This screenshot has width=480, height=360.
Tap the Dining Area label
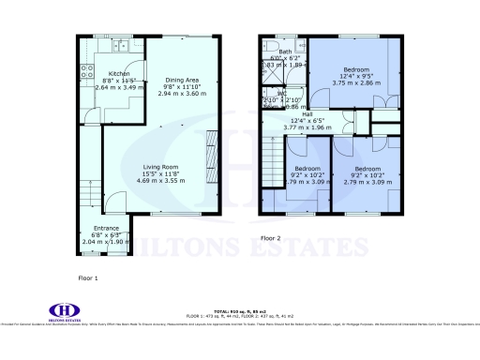(181, 80)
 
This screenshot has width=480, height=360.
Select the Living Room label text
(163, 168)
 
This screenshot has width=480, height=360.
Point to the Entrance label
(105, 228)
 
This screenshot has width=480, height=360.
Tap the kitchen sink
(119, 46)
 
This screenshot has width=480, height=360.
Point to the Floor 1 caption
(88, 278)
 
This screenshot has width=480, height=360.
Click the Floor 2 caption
(271, 238)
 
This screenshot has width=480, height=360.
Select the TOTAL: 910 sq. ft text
(239, 310)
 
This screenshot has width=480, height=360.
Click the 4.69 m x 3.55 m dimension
(163, 180)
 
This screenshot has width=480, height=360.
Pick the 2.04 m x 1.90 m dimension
(105, 241)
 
